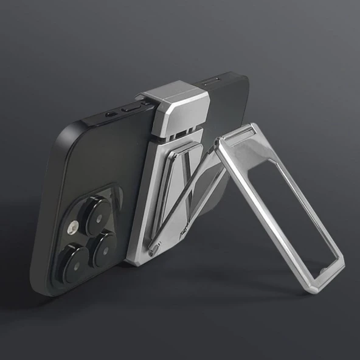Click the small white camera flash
click(72, 227)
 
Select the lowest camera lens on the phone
click(77, 262)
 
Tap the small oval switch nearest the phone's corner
click(110, 114)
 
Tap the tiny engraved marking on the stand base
click(182, 231)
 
